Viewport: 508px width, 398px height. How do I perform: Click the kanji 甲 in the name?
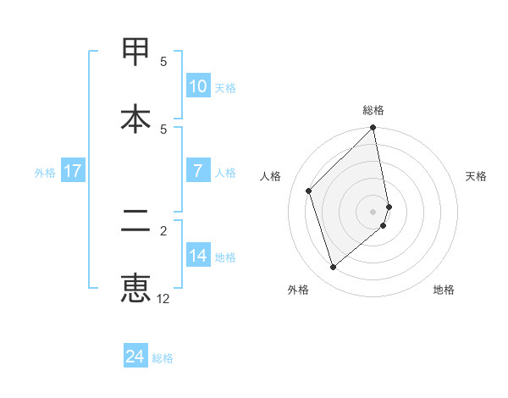click(135, 53)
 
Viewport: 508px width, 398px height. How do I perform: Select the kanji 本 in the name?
click(135, 118)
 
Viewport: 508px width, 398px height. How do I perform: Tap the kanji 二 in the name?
click(135, 222)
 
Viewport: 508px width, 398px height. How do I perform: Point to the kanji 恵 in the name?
click(135, 288)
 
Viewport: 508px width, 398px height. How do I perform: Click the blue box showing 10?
click(197, 86)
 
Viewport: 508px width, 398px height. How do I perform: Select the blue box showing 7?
click(197, 171)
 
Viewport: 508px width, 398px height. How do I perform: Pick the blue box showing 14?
click(197, 256)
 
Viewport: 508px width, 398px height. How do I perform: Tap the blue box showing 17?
click(72, 171)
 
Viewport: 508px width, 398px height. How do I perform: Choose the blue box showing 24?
click(135, 357)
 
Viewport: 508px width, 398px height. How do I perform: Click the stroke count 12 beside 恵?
click(163, 299)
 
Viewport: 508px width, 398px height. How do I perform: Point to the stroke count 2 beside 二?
click(164, 229)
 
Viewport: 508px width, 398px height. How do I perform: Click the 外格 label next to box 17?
click(45, 172)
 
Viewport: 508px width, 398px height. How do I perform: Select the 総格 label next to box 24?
click(163, 357)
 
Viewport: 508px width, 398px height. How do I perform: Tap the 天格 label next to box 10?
click(225, 87)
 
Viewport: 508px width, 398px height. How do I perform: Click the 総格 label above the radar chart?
click(373, 110)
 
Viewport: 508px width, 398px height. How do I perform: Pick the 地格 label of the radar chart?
click(444, 290)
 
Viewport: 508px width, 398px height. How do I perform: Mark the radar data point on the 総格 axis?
click(373, 129)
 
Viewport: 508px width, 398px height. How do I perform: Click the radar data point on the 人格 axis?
click(309, 191)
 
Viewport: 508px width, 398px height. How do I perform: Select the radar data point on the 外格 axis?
click(333, 268)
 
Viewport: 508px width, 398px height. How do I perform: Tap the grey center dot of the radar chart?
click(373, 212)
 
